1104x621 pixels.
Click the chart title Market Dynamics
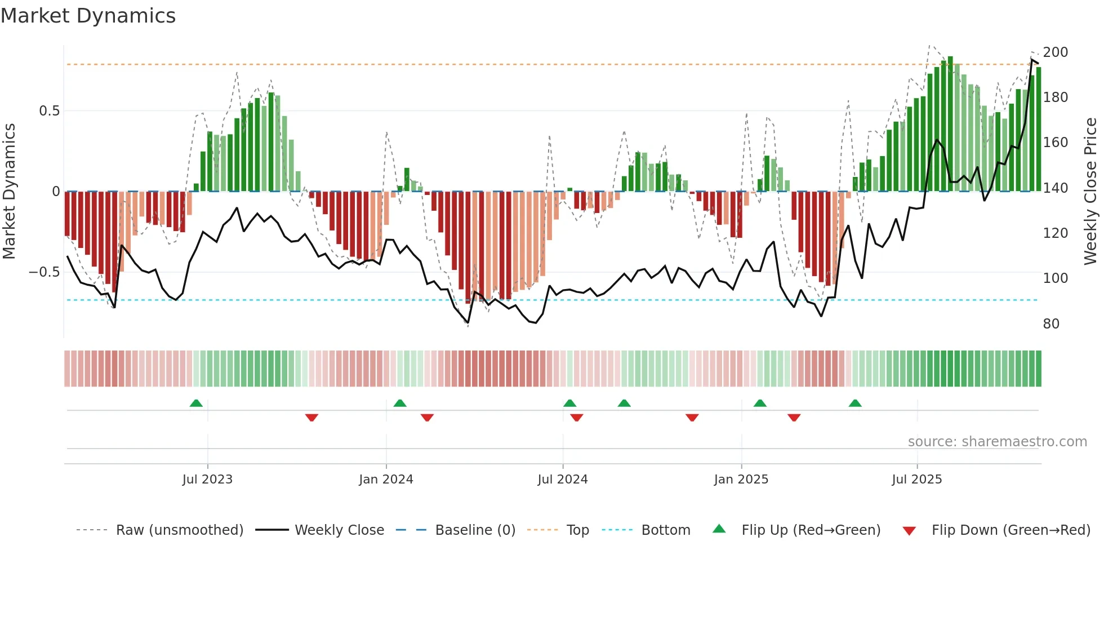(x=88, y=16)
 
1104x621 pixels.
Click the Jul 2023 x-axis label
(x=207, y=480)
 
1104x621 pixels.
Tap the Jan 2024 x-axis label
(x=386, y=480)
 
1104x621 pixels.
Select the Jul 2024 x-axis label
(x=562, y=480)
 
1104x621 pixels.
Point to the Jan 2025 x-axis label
(x=741, y=480)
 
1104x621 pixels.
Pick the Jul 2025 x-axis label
(x=916, y=480)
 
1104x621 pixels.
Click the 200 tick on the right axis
(x=1055, y=52)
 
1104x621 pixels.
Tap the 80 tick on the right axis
(x=1051, y=324)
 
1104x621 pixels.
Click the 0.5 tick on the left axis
(x=49, y=111)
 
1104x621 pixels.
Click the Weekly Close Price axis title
(x=1090, y=191)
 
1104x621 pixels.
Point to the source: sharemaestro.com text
(x=997, y=442)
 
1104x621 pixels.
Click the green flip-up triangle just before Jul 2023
(x=196, y=403)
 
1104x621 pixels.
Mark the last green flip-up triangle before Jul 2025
(x=855, y=403)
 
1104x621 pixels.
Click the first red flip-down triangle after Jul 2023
(x=311, y=418)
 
